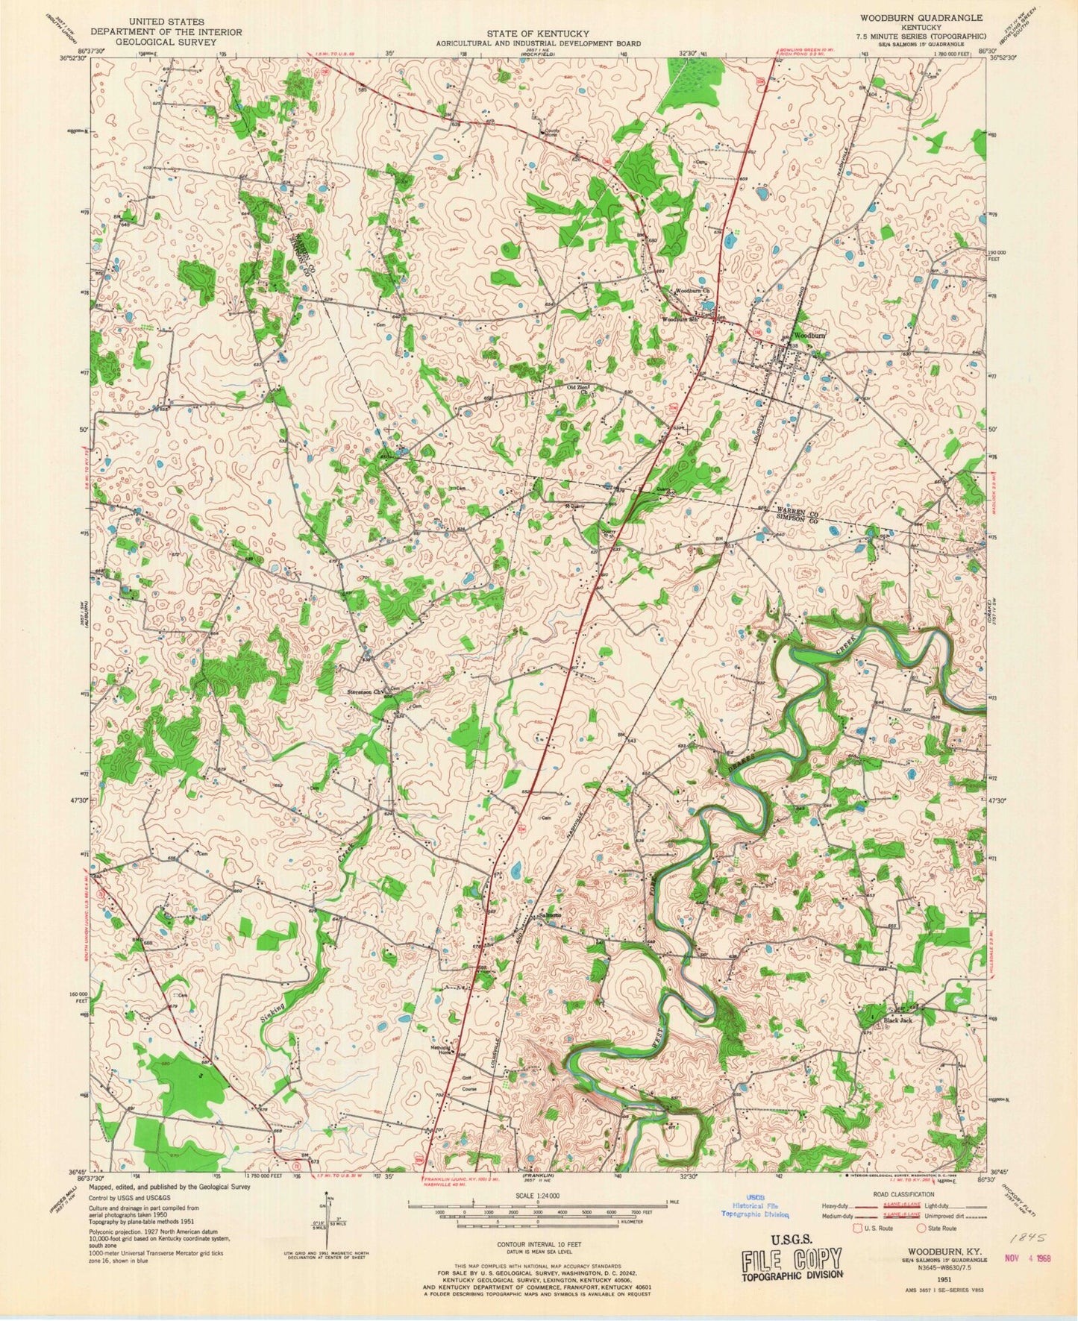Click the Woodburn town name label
(x=810, y=336)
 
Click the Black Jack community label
(x=898, y=1020)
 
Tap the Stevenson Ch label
(x=366, y=691)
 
